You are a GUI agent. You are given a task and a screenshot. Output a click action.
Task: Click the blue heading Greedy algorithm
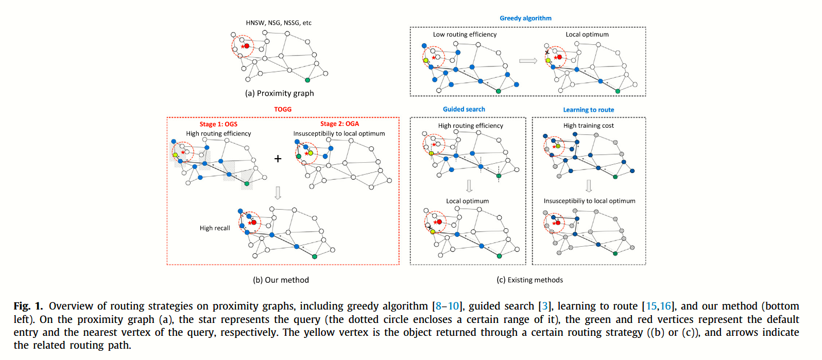pos(525,18)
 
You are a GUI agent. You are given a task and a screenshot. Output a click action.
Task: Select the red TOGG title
pos(283,109)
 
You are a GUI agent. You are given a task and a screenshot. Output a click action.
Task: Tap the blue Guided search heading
pos(464,109)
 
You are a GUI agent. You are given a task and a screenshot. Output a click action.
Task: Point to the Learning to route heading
pos(588,110)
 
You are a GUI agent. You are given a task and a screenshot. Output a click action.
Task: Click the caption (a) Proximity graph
pos(279,93)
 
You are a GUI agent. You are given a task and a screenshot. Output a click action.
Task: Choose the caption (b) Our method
pos(281,280)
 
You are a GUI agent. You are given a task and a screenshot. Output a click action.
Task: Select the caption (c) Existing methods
pos(529,280)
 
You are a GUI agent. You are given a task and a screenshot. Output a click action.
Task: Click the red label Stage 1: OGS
pos(218,124)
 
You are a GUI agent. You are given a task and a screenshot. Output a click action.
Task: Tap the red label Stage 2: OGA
pos(339,124)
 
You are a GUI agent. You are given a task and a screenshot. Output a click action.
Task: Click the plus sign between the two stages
pos(278,159)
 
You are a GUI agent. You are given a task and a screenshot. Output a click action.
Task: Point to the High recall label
pos(215,228)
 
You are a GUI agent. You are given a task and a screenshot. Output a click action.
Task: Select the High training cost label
pos(588,126)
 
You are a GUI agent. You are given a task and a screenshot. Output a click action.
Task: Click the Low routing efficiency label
pos(465,35)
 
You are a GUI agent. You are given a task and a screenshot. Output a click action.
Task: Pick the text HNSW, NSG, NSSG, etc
pos(279,23)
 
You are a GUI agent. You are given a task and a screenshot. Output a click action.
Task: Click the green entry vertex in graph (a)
pos(307,80)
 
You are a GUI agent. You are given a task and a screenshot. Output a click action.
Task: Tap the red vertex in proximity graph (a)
pos(247,46)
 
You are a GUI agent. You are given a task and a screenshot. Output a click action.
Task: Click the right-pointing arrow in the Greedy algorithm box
pos(528,61)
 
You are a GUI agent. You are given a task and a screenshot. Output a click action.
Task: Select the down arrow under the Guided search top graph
pos(469,185)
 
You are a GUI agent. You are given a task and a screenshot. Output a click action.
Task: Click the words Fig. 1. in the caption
pos(28,306)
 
